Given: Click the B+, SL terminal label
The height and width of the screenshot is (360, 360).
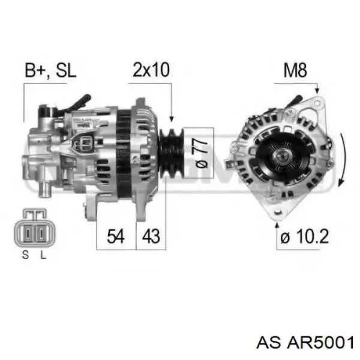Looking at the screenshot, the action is pyautogui.click(x=50, y=70).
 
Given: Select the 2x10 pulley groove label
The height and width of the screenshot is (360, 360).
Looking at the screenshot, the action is pyautogui.click(x=151, y=70).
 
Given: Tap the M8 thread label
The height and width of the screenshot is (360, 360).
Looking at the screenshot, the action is pyautogui.click(x=295, y=70).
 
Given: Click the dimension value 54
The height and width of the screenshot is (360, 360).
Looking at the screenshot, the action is pyautogui.click(x=116, y=236).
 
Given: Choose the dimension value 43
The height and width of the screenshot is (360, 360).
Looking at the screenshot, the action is pyautogui.click(x=151, y=236).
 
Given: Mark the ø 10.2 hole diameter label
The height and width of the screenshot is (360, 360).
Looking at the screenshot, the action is pyautogui.click(x=305, y=236).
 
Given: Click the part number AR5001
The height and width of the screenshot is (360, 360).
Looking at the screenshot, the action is pyautogui.click(x=320, y=343).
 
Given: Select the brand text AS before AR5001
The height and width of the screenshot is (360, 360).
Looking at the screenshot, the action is pyautogui.click(x=269, y=343).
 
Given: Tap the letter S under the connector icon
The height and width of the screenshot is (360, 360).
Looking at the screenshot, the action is pyautogui.click(x=25, y=255).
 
